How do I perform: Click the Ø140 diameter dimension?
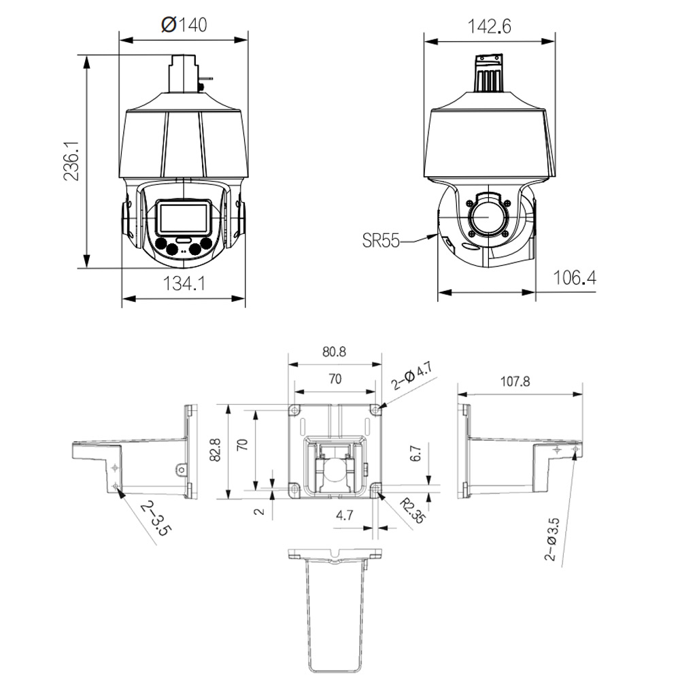tap(184, 25)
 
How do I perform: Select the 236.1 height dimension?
tap(72, 161)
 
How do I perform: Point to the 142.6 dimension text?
tap(489, 27)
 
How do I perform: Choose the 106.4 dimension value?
tap(574, 277)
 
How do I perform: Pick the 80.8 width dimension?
tap(334, 352)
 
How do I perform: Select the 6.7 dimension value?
tap(416, 454)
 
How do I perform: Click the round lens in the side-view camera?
tap(487, 217)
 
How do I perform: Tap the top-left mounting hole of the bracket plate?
tap(294, 410)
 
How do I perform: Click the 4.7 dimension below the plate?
tap(345, 515)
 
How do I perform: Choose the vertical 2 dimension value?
tap(259, 511)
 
